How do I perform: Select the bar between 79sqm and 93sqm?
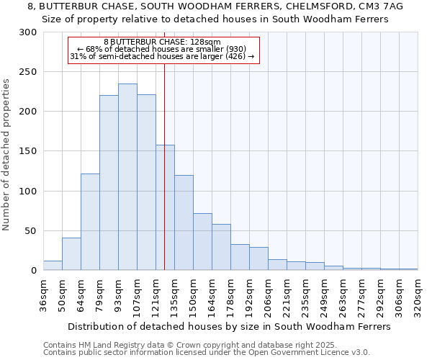(x=109, y=183)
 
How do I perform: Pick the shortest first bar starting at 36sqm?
(x=53, y=266)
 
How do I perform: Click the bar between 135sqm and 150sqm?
(x=184, y=222)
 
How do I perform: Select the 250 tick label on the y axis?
(x=27, y=72)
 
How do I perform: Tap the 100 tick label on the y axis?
(x=27, y=192)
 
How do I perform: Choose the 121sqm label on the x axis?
(x=156, y=293)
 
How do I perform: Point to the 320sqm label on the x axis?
(x=418, y=293)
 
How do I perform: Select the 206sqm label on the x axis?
(x=269, y=293)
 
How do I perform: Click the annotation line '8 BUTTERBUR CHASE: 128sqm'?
(x=162, y=42)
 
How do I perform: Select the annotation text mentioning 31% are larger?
(x=162, y=56)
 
